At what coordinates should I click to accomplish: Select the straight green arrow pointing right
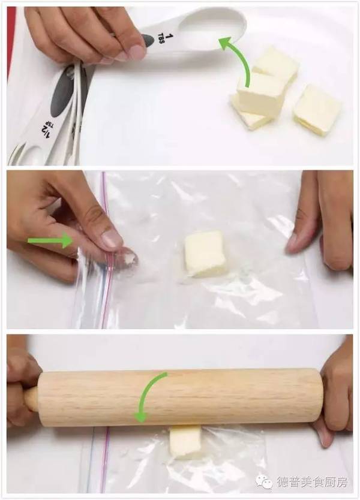50,240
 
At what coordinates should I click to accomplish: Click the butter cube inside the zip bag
205,254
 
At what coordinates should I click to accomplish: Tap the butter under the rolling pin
185,441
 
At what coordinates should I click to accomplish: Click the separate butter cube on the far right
317,110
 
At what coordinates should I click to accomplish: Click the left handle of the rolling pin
31,399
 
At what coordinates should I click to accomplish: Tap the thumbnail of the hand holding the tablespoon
136,52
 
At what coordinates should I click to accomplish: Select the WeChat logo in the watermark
264,481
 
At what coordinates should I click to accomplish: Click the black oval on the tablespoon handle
148,41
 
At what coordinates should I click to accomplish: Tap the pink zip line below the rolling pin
105,459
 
